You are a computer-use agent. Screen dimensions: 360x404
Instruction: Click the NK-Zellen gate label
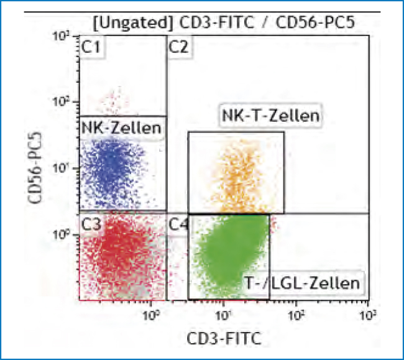[x=121, y=129]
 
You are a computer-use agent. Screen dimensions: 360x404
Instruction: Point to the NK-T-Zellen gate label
[x=270, y=116]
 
